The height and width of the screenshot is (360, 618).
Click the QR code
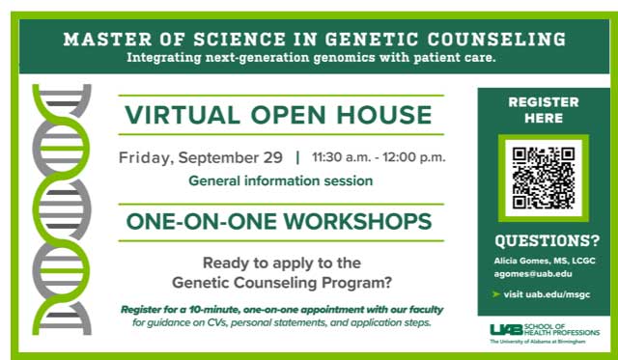pyautogui.click(x=543, y=178)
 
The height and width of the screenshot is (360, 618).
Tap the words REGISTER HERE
pyautogui.click(x=543, y=109)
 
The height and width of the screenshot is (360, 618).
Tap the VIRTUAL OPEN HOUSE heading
pyautogui.click(x=278, y=116)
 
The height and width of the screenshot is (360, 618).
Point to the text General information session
pyautogui.click(x=281, y=180)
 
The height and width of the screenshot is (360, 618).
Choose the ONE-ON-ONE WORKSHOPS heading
pyautogui.click(x=279, y=222)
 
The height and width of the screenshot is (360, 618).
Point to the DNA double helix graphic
pyautogui.click(x=63, y=208)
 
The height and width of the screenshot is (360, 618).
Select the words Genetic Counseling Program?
pyautogui.click(x=280, y=282)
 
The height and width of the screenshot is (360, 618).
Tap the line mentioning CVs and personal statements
pyautogui.click(x=282, y=322)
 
